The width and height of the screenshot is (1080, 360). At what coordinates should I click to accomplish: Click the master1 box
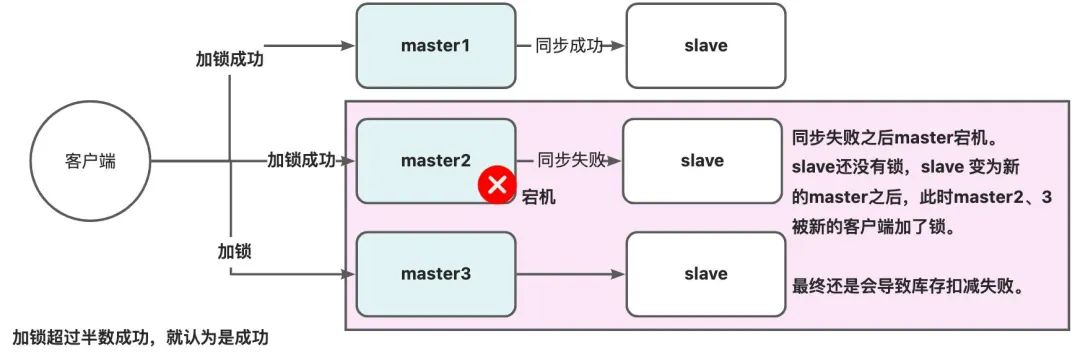tap(435, 46)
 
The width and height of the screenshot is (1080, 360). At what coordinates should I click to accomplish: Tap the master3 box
tap(435, 273)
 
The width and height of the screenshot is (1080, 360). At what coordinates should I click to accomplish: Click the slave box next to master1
tap(706, 46)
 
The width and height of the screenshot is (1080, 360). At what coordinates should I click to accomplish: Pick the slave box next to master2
tap(702, 160)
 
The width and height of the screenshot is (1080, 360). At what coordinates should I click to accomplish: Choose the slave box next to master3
tap(706, 273)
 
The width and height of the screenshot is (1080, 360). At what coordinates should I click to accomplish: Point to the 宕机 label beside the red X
tap(539, 198)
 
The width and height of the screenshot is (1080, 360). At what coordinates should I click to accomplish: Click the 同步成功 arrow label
tap(570, 46)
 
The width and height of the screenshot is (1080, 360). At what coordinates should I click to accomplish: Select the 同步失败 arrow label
tap(570, 160)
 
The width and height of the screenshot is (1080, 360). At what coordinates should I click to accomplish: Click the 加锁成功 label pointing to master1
tap(231, 58)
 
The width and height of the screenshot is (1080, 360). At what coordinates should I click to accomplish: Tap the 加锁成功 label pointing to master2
tap(301, 160)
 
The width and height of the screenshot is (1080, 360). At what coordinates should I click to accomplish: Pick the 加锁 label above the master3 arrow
tap(234, 250)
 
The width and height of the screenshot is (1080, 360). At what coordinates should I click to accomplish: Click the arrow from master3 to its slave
tap(570, 273)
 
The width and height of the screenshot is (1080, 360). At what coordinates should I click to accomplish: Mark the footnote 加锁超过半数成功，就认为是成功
tap(141, 338)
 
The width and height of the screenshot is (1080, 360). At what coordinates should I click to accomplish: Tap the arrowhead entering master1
tap(350, 46)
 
